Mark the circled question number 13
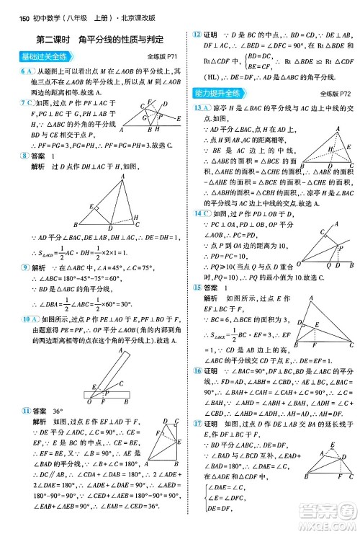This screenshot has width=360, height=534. click(197, 107)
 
